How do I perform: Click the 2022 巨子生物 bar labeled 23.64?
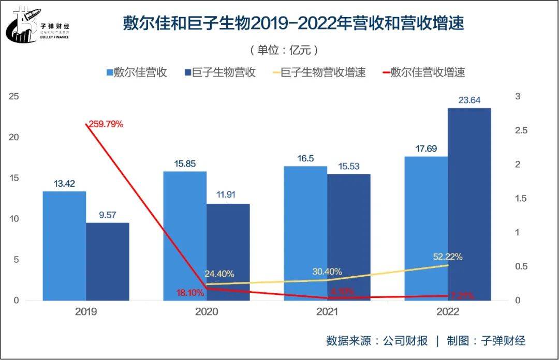point(469,204)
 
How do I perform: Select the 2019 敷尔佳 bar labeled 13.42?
point(64,246)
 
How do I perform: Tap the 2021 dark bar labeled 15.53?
point(349,237)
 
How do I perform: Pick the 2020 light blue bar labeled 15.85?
point(185,236)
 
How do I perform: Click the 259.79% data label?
point(106,124)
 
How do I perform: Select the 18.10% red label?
point(190,293)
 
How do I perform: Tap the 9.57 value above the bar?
point(107,215)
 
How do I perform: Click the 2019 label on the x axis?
point(86,312)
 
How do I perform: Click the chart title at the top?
point(293,24)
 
